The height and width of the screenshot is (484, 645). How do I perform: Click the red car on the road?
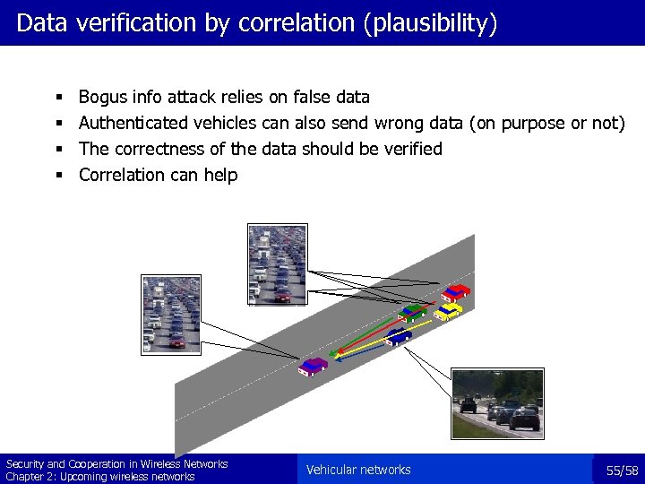456,292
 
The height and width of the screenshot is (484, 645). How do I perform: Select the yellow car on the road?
448,311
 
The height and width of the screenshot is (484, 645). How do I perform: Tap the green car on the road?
412,313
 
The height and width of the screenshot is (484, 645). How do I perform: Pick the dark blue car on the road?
399,336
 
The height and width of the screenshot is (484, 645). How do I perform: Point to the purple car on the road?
313,366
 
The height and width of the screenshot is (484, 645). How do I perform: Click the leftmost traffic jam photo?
170,314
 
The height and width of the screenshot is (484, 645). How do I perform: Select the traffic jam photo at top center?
276,264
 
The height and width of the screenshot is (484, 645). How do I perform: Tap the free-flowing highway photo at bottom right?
496,403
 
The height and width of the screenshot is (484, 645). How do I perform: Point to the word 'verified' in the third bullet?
413,149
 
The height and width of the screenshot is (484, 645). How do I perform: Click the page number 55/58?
622,471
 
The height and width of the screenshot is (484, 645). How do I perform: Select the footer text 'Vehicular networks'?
358,470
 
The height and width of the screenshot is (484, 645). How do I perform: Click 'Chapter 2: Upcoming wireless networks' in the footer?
100,477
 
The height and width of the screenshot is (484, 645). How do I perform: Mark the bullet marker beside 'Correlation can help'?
57,175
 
